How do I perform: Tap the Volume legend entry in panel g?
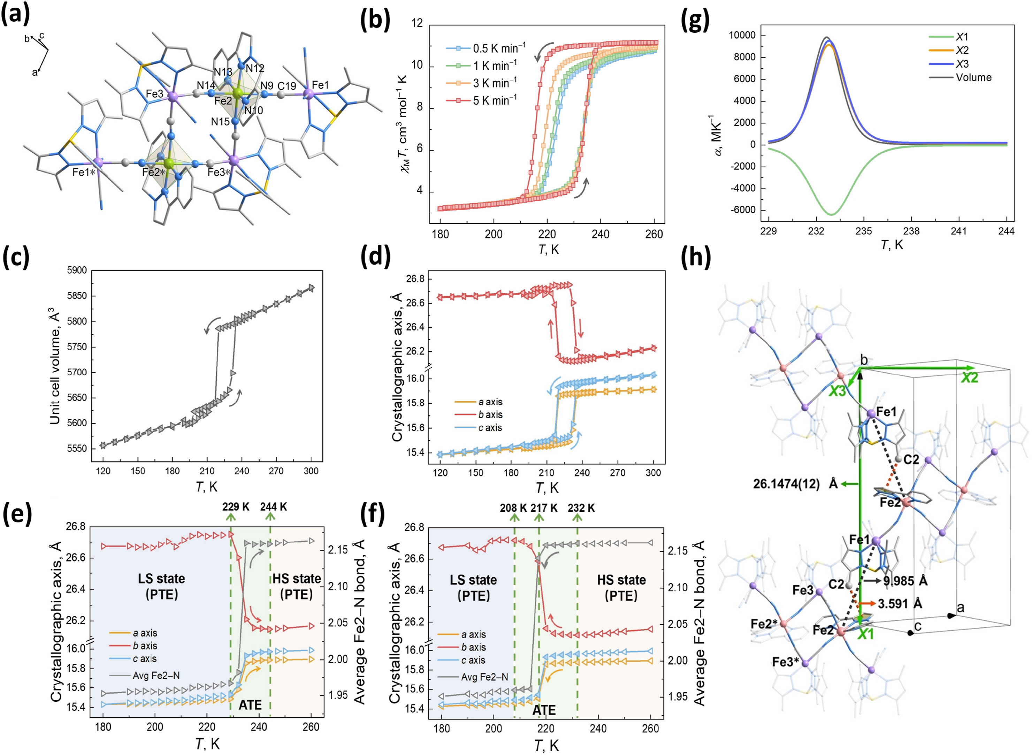click(x=973, y=78)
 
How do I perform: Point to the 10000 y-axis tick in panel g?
click(x=742, y=36)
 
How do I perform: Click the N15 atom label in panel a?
click(x=220, y=122)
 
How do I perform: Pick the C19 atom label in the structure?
click(x=286, y=86)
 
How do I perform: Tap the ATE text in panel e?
click(x=250, y=705)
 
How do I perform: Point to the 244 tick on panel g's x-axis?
click(x=1007, y=231)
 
